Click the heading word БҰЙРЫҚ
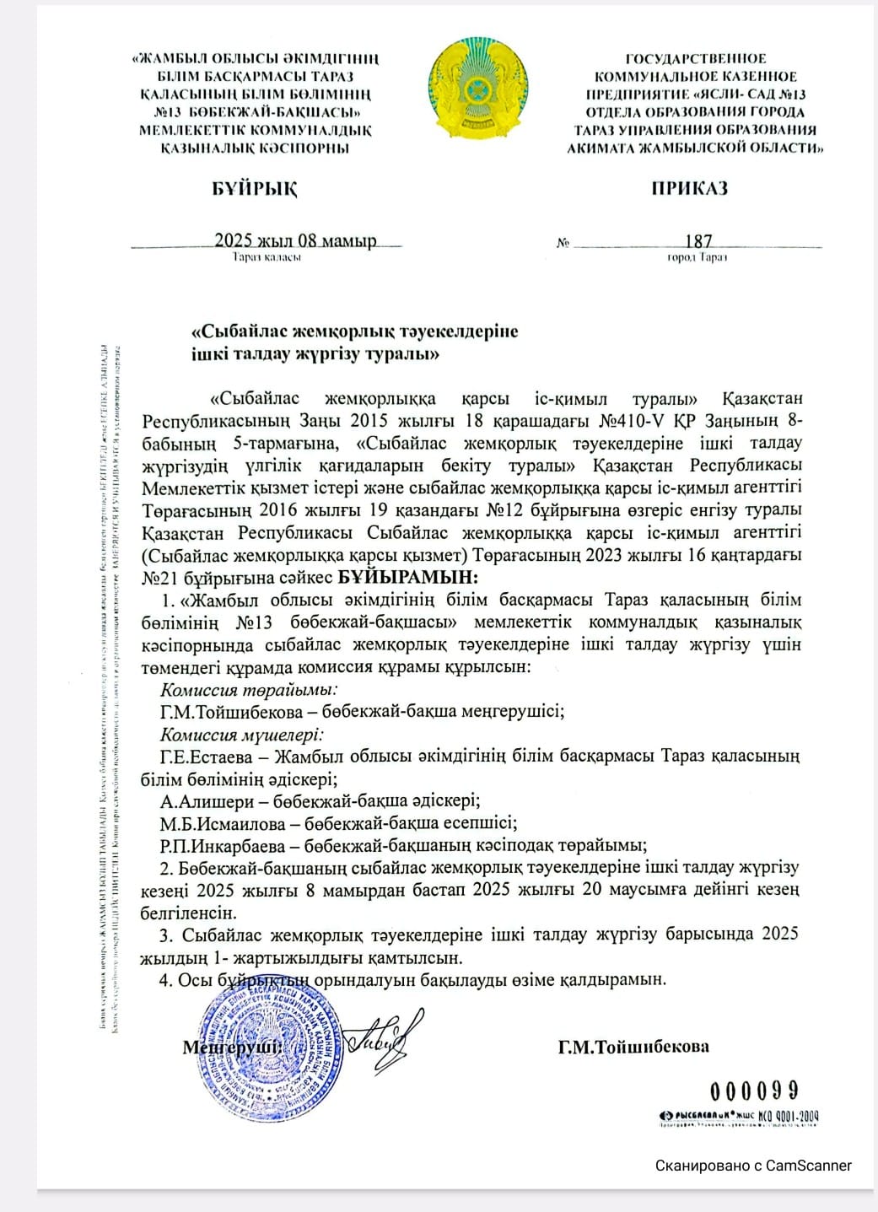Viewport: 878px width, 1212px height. (255, 188)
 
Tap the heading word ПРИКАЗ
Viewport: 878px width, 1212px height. (689, 188)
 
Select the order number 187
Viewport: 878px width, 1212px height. (698, 241)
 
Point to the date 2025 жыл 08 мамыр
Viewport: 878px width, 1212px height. (295, 240)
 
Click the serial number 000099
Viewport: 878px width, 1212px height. (754, 1092)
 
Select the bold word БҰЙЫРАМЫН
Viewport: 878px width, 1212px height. (408, 578)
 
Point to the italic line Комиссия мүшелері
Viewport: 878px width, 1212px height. (242, 734)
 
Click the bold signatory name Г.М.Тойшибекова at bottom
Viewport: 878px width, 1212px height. (633, 1047)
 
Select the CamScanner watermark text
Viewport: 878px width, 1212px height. (754, 1166)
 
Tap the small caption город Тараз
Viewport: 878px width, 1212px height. (698, 257)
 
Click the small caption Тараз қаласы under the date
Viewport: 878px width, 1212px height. (267, 257)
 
